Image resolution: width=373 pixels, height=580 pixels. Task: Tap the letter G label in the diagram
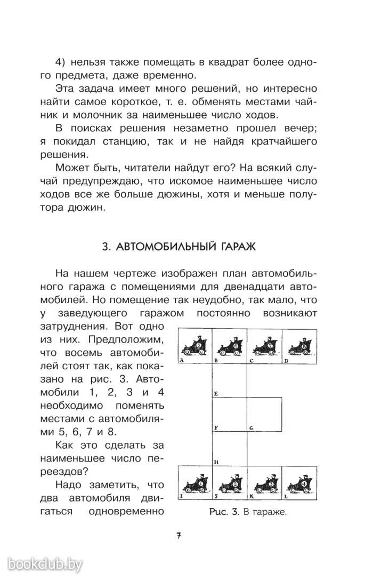[x=250, y=427]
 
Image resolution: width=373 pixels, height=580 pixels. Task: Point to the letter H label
[x=215, y=461]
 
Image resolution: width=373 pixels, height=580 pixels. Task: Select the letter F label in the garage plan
[x=215, y=427]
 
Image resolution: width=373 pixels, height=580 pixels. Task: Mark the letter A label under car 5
[x=182, y=361]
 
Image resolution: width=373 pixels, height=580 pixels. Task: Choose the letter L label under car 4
[x=286, y=496]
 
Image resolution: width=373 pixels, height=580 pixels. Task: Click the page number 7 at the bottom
[x=179, y=536]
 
